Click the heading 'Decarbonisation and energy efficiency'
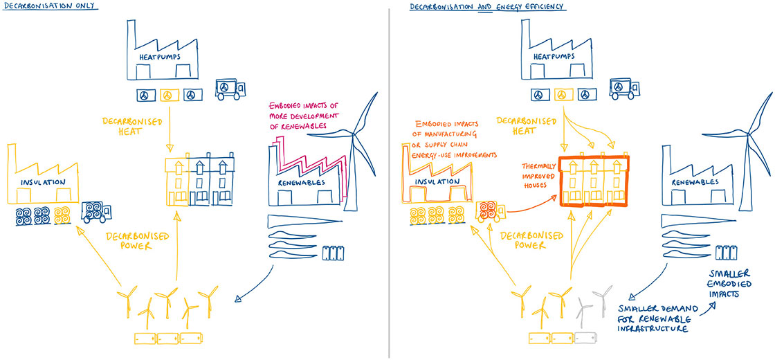pyautogui.click(x=487, y=6)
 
